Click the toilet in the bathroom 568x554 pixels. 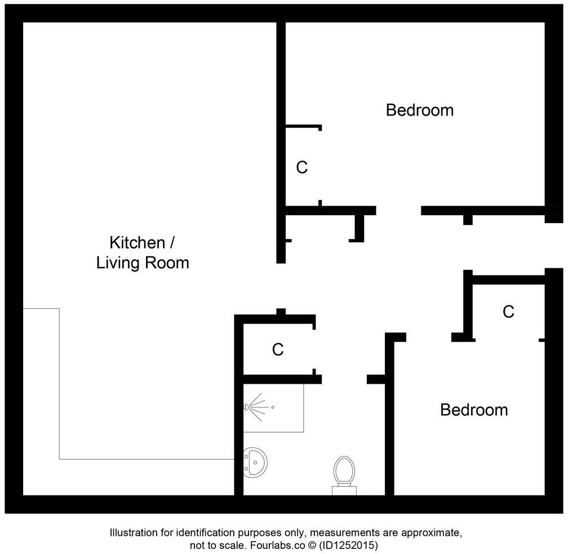click(344, 471)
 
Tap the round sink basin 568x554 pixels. click(256, 462)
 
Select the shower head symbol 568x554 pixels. click(248, 406)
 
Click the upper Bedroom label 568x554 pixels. click(419, 110)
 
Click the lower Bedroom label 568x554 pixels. click(473, 410)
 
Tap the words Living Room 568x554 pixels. click(143, 263)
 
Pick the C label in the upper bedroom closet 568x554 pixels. click(302, 167)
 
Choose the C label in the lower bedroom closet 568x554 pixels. click(508, 312)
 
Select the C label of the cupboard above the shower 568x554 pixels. click(277, 350)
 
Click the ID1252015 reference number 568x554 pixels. click(349, 546)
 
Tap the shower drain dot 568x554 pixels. click(273, 407)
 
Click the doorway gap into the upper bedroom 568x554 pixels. click(398, 211)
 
